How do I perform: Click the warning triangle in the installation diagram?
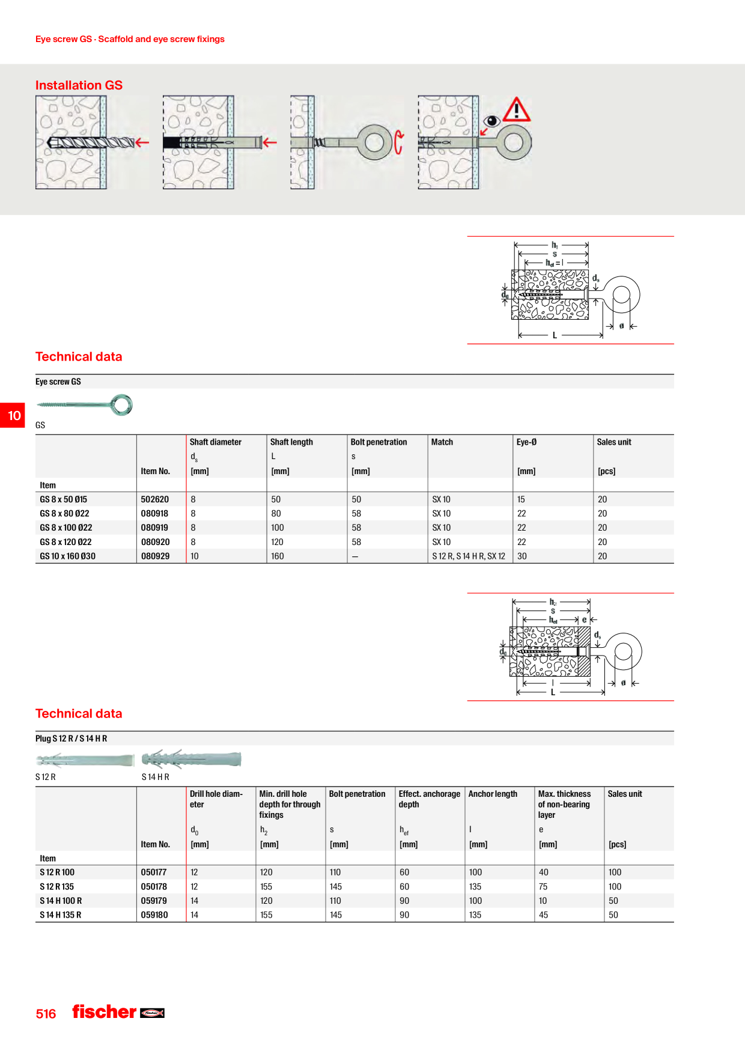(x=516, y=110)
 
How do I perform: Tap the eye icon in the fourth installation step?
(x=491, y=121)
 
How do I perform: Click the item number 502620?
(x=155, y=499)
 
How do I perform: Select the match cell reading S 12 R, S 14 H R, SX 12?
(x=469, y=556)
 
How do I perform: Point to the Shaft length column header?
(x=291, y=442)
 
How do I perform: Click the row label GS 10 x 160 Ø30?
(x=67, y=556)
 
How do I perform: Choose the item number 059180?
(x=154, y=915)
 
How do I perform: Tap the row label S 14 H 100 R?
(x=61, y=901)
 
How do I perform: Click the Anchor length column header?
(x=493, y=794)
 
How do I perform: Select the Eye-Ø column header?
(x=526, y=442)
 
